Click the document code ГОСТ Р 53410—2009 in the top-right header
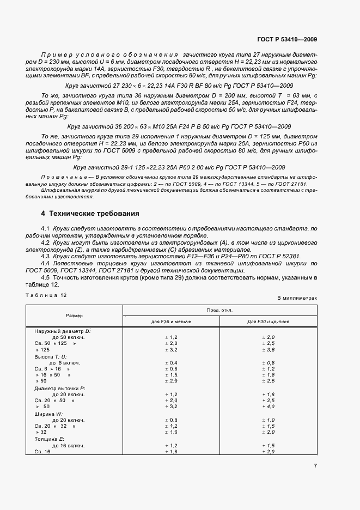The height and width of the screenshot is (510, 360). point(288,39)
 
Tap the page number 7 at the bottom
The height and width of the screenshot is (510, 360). point(315,465)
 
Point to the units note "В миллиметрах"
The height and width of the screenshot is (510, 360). point(297,299)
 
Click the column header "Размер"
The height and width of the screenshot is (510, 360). point(75,315)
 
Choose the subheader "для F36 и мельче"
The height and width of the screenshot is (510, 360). point(172,321)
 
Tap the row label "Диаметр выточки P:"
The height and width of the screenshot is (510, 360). point(60,387)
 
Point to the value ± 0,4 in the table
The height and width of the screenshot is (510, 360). point(172,362)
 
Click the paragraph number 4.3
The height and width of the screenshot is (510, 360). point(46,256)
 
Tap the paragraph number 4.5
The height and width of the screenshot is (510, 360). point(46,277)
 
